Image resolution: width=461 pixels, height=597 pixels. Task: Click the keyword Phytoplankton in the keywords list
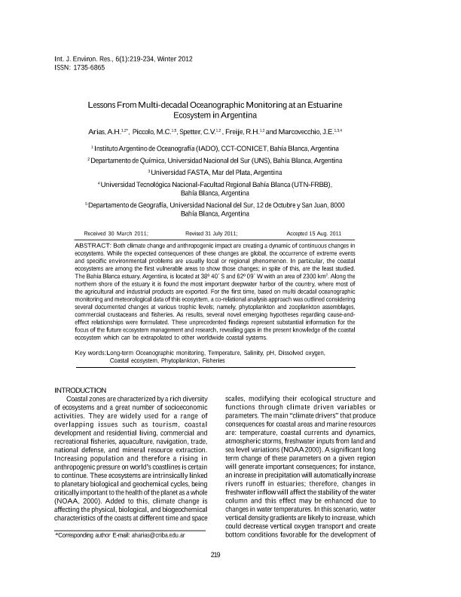point(177,361)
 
